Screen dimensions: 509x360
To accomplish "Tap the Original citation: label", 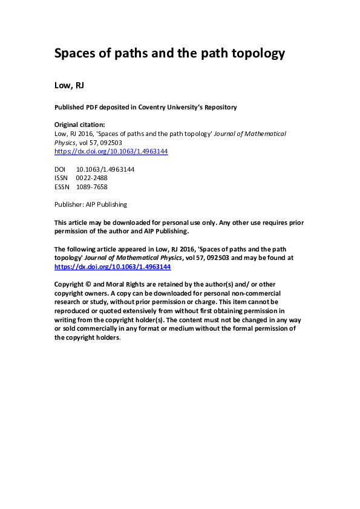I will (79, 125).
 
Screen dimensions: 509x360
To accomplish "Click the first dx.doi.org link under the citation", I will (111, 151).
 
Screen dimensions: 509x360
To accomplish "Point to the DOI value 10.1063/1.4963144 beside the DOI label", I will (105, 170).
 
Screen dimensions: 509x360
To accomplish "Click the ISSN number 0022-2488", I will (91, 178).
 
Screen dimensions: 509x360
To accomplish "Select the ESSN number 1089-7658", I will (91, 187).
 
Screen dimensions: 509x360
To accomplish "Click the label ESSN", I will (62, 187).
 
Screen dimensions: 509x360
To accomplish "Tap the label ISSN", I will (62, 178).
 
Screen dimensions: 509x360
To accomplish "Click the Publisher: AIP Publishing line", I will (91, 204).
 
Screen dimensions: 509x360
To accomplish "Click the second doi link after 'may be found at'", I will (113, 266).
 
